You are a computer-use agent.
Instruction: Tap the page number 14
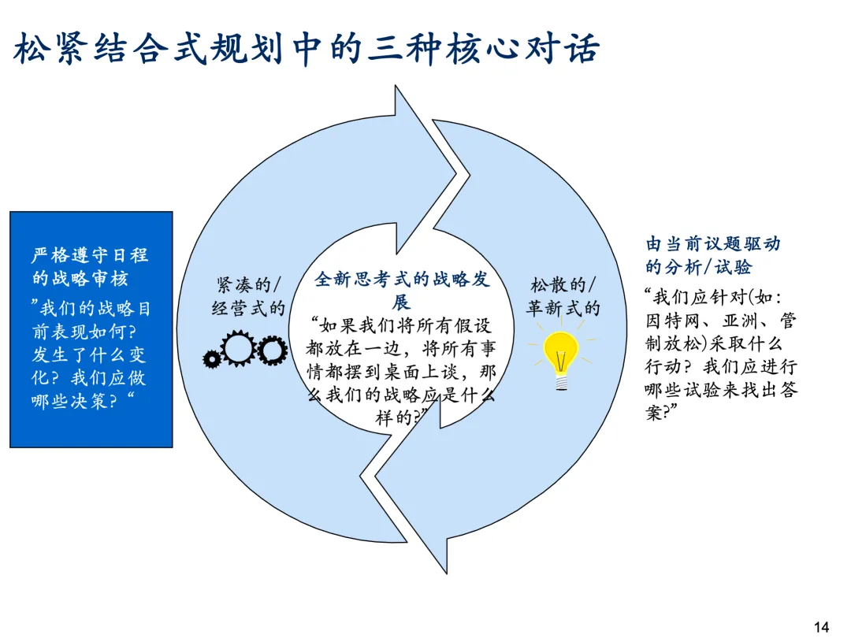[x=821, y=627]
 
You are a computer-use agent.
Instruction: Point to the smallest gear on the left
[x=211, y=359]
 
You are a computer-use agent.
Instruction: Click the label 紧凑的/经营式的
[x=248, y=295]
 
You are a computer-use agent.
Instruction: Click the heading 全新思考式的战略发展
[x=402, y=290]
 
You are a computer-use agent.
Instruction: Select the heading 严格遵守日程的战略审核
[x=90, y=266]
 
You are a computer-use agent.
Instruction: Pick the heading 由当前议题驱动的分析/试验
[x=713, y=255]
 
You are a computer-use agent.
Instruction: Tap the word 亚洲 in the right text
[x=740, y=321]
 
